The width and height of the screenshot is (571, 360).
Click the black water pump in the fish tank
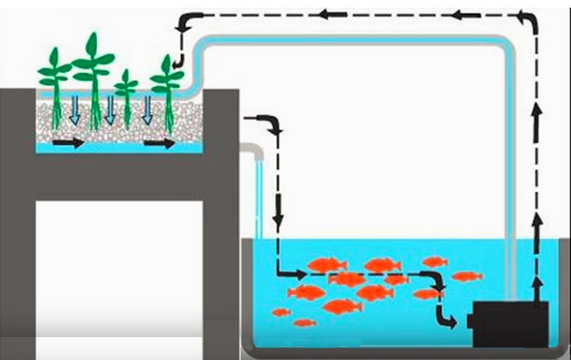tap(508, 324)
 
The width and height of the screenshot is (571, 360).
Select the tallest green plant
tap(92, 76)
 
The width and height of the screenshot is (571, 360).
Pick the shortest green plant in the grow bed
tap(126, 96)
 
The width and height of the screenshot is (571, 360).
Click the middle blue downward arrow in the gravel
tap(110, 110)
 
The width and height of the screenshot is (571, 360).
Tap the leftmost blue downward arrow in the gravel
tap(74, 110)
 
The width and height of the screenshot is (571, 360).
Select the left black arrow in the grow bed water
tap(69, 143)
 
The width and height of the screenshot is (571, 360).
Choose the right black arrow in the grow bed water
tap(160, 143)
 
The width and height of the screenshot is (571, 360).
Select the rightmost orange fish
tap(466, 276)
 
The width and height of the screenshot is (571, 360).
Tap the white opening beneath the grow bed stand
tap(118, 268)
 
